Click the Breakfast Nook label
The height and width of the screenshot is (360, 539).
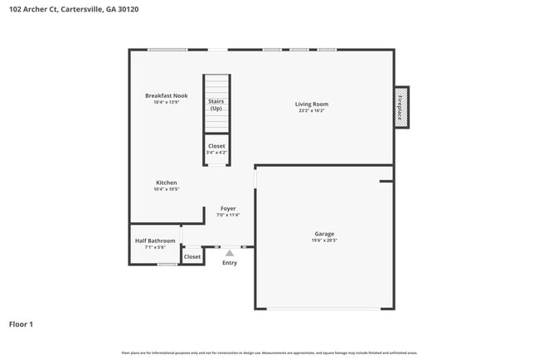166,95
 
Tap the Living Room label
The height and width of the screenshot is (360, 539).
312,105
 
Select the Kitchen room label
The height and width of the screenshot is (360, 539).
167,182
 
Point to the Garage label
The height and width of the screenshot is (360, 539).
324,234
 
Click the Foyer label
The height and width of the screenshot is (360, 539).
228,209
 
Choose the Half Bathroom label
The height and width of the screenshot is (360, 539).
155,241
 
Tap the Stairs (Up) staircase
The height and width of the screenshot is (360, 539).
216,105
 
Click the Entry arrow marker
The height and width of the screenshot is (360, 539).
230,253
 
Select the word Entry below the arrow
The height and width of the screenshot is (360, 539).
230,263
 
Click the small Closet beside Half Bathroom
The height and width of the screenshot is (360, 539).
192,257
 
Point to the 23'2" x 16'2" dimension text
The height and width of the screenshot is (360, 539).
312,111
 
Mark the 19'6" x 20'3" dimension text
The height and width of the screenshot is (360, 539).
324,241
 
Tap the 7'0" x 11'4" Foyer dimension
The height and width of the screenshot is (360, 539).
228,216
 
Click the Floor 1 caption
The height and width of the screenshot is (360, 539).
21,324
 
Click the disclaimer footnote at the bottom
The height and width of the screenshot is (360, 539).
269,353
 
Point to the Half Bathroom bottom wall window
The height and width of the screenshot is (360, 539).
168,265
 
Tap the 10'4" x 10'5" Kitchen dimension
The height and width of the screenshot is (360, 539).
167,189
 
